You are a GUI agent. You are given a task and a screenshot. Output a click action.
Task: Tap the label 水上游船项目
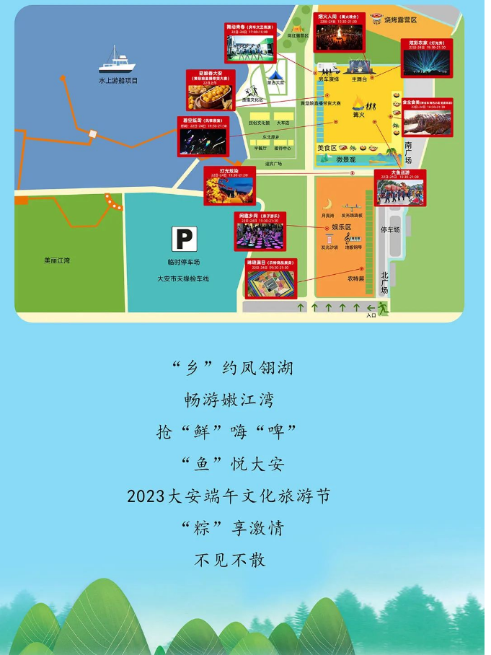(118, 81)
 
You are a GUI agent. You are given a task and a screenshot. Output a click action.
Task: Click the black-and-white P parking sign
(184, 239)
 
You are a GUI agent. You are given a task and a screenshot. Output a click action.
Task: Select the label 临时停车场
(183, 263)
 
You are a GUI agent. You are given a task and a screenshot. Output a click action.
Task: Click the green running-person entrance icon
(383, 308)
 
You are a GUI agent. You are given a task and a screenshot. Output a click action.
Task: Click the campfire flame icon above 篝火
(359, 101)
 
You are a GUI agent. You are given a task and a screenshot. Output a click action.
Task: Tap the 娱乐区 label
(341, 227)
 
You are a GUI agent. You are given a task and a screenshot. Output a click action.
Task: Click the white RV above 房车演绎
(329, 70)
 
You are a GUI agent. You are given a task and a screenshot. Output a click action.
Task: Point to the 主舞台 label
(359, 79)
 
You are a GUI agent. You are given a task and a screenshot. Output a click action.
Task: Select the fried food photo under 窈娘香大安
(206, 97)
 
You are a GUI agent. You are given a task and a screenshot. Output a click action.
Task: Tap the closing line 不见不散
(230, 560)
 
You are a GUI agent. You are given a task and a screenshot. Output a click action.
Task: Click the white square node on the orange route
(92, 133)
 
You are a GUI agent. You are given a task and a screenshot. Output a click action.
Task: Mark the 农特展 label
(355, 278)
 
